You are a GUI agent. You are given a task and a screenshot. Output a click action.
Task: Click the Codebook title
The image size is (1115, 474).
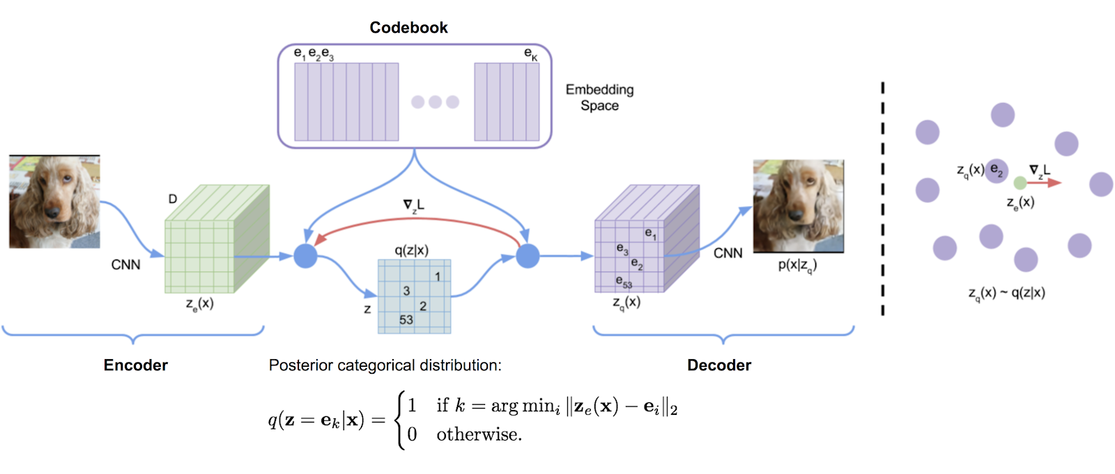coord(408,28)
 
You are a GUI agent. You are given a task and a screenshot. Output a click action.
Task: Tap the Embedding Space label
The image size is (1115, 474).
coord(599,97)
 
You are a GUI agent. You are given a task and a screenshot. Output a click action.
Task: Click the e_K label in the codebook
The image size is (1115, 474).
coord(531,54)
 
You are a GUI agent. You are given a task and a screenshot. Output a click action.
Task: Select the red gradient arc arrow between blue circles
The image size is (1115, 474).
coord(416,221)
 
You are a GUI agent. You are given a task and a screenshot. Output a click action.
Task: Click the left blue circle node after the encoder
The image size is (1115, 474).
coord(305,256)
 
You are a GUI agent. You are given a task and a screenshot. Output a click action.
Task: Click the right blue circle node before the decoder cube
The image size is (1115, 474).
coord(528,256)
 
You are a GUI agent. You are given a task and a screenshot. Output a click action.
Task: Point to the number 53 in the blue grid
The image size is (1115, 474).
coord(406,319)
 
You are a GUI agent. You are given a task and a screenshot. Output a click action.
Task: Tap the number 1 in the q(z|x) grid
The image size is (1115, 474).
coord(438,276)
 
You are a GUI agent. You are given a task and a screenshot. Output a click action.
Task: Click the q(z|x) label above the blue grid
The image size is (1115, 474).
coord(411,250)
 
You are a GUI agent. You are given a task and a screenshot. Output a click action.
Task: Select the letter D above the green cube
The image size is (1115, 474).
coord(173,199)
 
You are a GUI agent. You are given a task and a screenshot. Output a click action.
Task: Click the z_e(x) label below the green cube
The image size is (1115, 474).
coord(199,304)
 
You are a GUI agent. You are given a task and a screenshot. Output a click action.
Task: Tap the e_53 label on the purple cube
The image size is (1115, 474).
coord(624,281)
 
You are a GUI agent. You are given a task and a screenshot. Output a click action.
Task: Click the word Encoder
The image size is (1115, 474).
coord(136,365)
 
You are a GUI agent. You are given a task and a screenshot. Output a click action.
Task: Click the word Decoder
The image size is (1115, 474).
coord(719,365)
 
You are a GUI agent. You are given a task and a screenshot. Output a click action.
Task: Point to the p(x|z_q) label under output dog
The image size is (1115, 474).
coord(797,265)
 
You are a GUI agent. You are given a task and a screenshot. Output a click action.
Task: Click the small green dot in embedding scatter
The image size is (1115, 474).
coord(1020,183)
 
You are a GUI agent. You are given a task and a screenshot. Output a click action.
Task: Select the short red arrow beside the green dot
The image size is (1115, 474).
coord(1043,183)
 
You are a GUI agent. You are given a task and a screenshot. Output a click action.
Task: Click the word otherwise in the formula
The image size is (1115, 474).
coord(479,434)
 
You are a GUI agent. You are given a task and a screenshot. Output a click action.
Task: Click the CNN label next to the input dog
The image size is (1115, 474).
coord(126,264)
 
